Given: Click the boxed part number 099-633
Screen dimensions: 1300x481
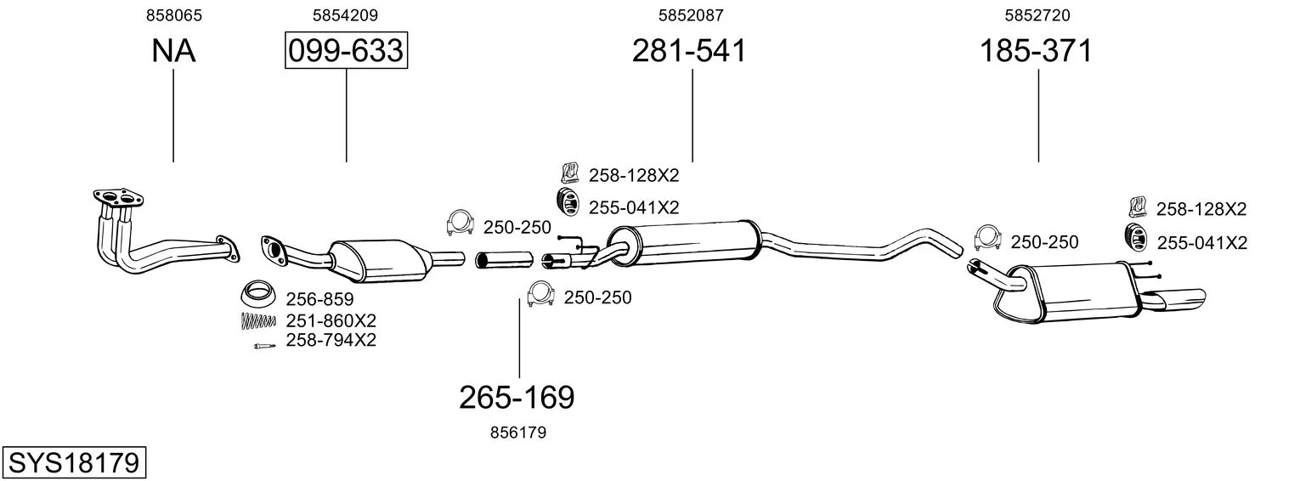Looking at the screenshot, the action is (x=346, y=50).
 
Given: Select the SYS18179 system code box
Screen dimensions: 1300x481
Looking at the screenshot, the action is (x=74, y=463).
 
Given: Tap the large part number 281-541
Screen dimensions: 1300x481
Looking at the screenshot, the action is (x=689, y=50).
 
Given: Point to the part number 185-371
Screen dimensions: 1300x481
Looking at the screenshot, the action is (x=1036, y=50).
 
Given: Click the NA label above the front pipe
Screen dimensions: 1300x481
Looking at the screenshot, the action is (x=173, y=50).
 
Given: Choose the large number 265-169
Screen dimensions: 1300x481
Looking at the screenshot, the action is (x=517, y=398).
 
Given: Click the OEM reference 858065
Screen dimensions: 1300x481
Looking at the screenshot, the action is (x=174, y=15).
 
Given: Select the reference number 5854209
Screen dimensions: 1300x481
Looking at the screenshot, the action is (x=345, y=15).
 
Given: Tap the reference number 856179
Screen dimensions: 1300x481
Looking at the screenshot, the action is (x=518, y=433).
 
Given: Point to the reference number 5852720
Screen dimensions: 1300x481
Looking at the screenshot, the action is (x=1037, y=15).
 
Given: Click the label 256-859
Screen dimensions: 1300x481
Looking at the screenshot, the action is (x=319, y=299).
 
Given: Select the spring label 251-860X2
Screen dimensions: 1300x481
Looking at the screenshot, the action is (x=331, y=321).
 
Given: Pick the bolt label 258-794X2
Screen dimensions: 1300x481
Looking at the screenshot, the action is (x=331, y=340).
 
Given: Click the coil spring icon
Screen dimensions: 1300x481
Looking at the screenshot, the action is (x=258, y=321).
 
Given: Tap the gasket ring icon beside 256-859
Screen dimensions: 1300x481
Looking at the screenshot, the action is (x=258, y=293).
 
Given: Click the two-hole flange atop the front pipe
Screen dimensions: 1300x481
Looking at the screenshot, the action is (x=118, y=198).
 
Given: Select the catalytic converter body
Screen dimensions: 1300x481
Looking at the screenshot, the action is (x=380, y=261).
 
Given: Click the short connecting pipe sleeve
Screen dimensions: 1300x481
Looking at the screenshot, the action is (x=504, y=259).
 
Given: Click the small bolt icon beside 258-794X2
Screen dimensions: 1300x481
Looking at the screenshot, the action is (x=264, y=347).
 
